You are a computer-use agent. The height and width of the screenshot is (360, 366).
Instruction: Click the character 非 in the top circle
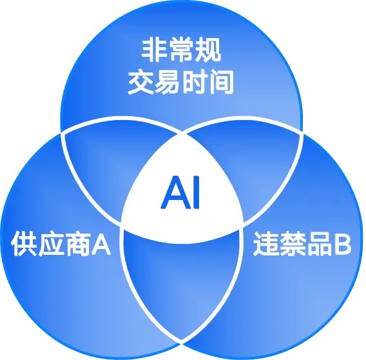pos(154,50)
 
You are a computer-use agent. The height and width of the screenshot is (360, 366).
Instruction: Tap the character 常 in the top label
pos(181,50)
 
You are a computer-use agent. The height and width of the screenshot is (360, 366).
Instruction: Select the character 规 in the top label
pos(208,50)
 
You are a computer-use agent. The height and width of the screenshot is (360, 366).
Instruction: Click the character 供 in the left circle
pos(24,243)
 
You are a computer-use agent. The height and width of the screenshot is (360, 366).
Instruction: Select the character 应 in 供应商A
pos(51,244)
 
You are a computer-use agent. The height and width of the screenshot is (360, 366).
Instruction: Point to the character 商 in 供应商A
pos(78,244)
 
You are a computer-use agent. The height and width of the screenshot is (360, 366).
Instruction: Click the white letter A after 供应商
pos(101,245)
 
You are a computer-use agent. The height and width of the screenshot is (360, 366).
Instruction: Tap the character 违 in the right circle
pos(266,244)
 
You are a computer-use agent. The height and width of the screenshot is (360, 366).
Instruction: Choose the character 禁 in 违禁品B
pos(293,244)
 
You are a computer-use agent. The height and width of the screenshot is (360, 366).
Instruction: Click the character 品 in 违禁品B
pos(320,244)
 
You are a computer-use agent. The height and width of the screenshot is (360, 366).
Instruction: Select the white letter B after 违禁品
pos(342,245)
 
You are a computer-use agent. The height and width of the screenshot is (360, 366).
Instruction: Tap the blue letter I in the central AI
pos(197,192)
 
